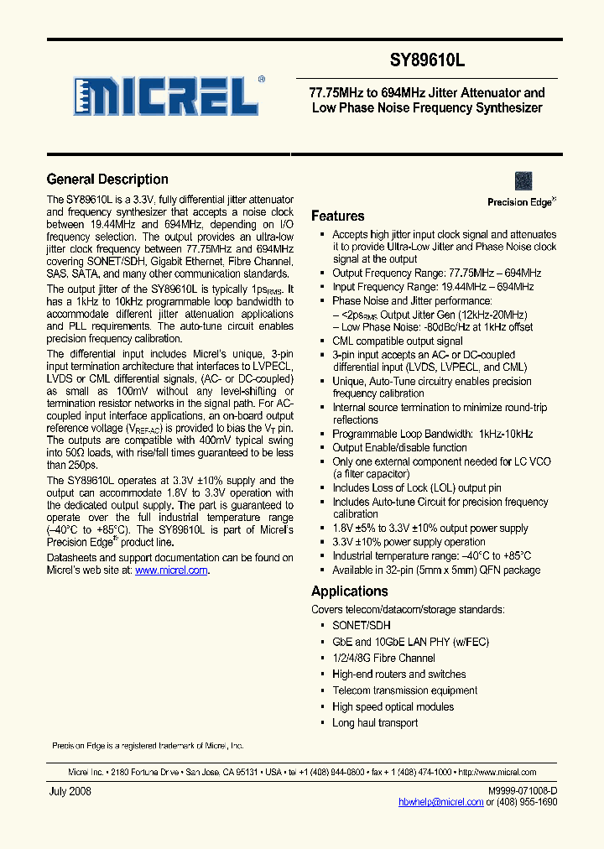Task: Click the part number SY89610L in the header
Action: pyautogui.click(x=427, y=60)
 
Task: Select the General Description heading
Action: pyautogui.click(x=107, y=180)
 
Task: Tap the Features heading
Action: pyautogui.click(x=337, y=216)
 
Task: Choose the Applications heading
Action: pyautogui.click(x=349, y=591)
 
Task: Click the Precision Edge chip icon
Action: pyautogui.click(x=523, y=181)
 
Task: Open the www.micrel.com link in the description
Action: pyautogui.click(x=171, y=570)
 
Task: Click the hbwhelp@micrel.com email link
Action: pyautogui.click(x=440, y=802)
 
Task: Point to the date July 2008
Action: pyautogui.click(x=69, y=791)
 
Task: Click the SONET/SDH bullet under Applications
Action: pyautogui.click(x=362, y=626)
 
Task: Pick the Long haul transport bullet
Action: pyautogui.click(x=375, y=723)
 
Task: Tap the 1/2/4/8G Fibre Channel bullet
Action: pyautogui.click(x=383, y=658)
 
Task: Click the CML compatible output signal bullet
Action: pyautogui.click(x=397, y=341)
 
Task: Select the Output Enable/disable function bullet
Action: pyautogui.click(x=399, y=448)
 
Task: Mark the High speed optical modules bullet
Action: pyautogui.click(x=393, y=706)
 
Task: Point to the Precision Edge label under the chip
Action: pyautogui.click(x=520, y=202)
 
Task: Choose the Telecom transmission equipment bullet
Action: pyautogui.click(x=404, y=690)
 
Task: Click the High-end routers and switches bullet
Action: pyautogui.click(x=398, y=675)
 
